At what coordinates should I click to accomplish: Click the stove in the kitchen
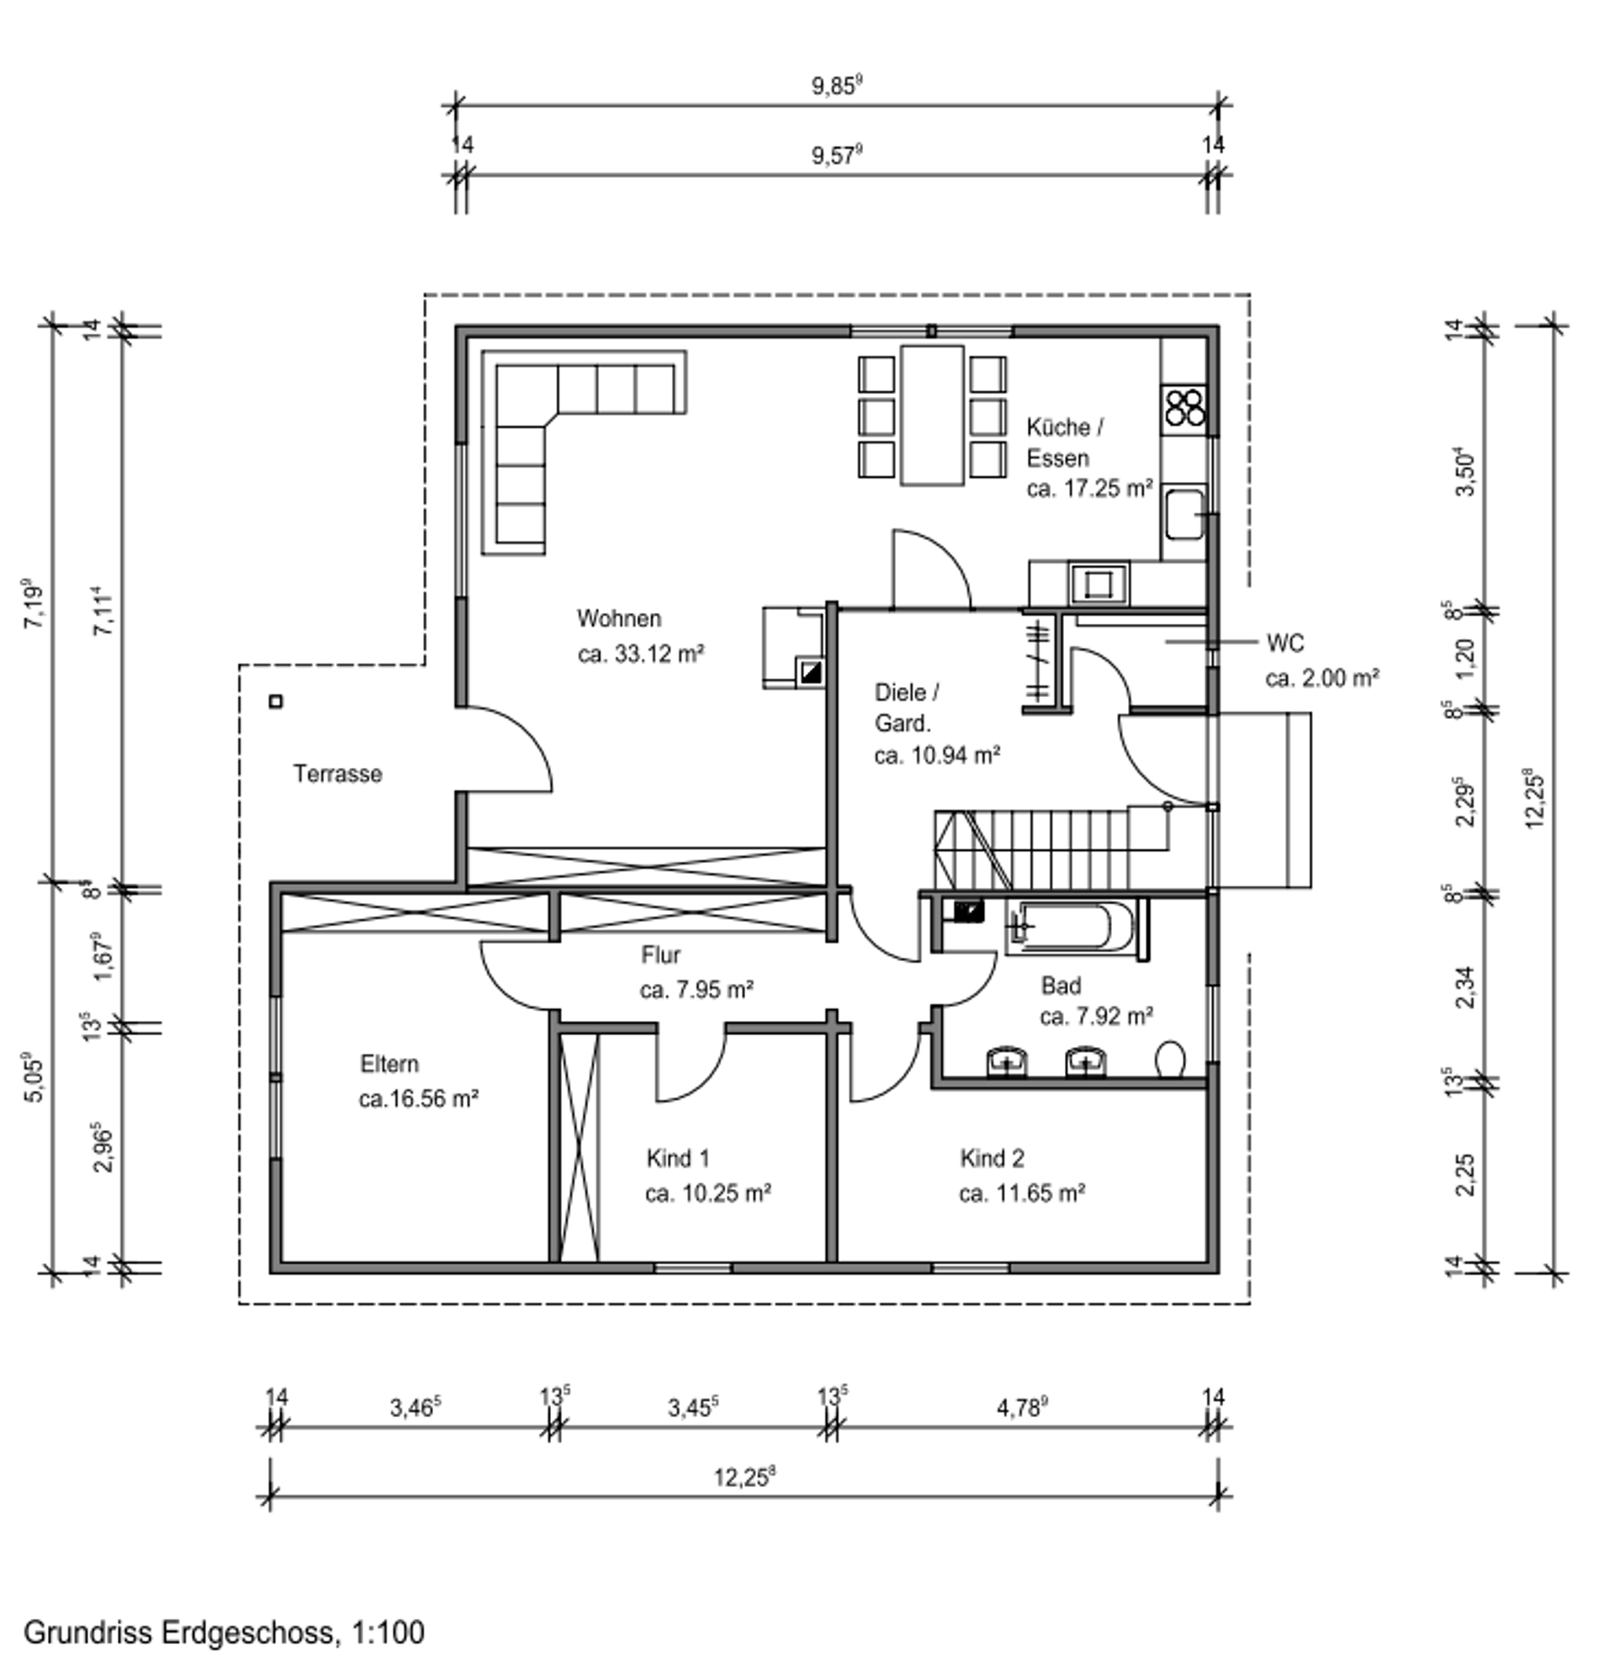pyautogui.click(x=1184, y=408)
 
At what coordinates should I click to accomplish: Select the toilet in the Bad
pyautogui.click(x=1170, y=1060)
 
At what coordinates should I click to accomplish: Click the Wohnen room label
pyautogui.click(x=619, y=617)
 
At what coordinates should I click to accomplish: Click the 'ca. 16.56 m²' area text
pyautogui.click(x=418, y=1098)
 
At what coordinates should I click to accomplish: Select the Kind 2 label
pyautogui.click(x=992, y=1158)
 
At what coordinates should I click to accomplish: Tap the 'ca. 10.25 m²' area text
pyautogui.click(x=707, y=1192)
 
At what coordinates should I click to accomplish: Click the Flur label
pyautogui.click(x=661, y=954)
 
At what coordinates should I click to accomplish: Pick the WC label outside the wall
pyautogui.click(x=1285, y=642)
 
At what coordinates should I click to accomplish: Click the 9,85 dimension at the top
pyautogui.click(x=837, y=85)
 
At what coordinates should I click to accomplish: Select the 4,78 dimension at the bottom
pyautogui.click(x=1022, y=1407)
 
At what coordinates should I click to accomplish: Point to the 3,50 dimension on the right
pyautogui.click(x=1465, y=472)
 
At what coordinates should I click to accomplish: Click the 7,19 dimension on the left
pyautogui.click(x=34, y=605)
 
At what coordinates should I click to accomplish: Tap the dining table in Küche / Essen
pyautogui.click(x=932, y=415)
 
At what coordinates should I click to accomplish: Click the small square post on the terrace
pyautogui.click(x=275, y=701)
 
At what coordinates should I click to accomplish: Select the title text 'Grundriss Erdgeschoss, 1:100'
pyautogui.click(x=225, y=1631)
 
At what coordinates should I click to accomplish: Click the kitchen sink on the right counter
pyautogui.click(x=1184, y=514)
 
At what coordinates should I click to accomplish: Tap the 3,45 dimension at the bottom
pyautogui.click(x=693, y=1407)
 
